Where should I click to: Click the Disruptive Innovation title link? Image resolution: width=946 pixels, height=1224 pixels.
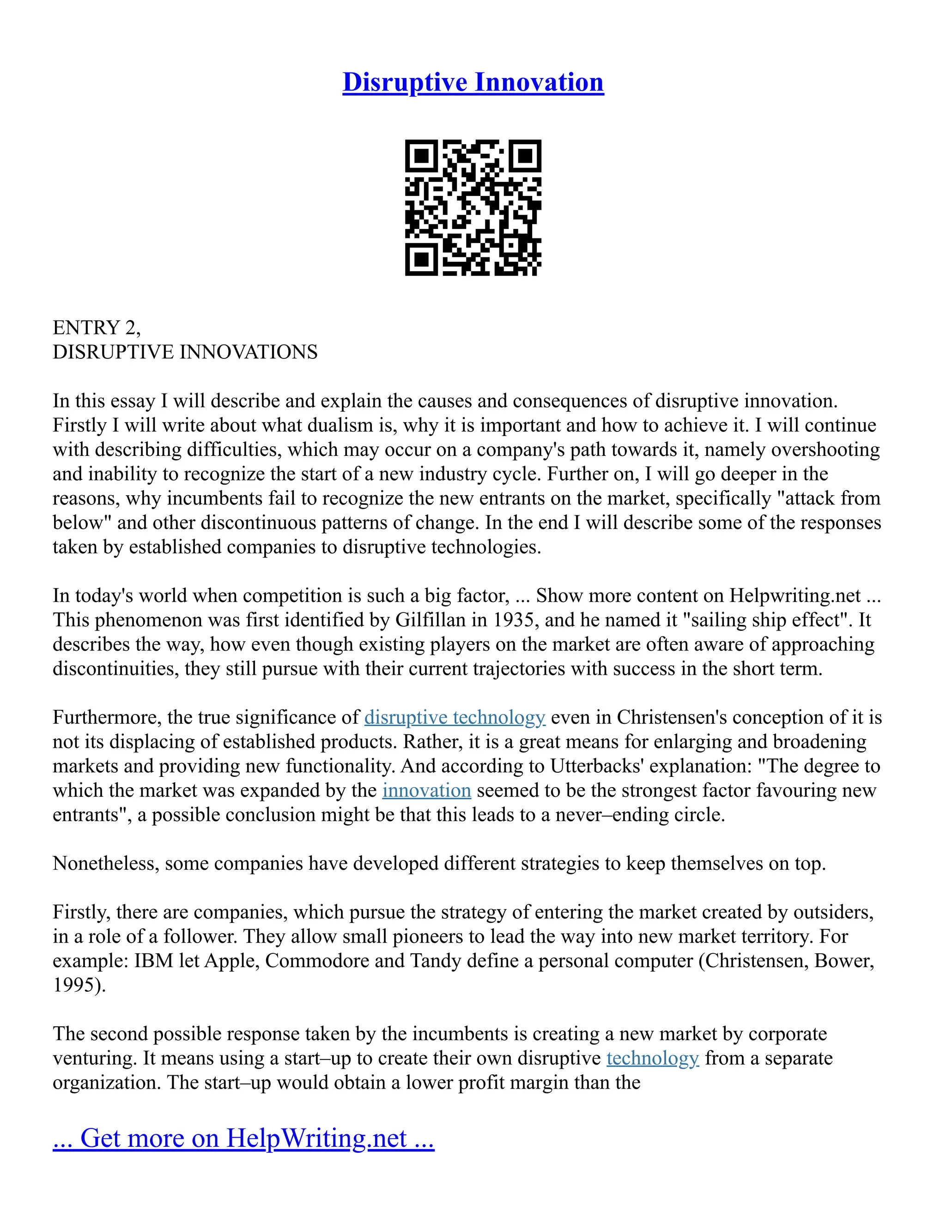473,82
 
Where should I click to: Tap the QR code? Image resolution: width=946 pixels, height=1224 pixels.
473,207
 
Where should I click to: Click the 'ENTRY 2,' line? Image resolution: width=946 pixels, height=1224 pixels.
97,327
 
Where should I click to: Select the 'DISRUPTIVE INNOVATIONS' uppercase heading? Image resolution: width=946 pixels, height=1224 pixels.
185,352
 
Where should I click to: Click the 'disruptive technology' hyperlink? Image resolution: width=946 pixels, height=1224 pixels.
455,717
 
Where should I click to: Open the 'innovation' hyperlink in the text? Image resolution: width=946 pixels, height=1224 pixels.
426,790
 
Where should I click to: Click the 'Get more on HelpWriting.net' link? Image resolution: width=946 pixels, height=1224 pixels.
243,1138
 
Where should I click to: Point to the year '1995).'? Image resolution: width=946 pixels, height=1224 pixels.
79,985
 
